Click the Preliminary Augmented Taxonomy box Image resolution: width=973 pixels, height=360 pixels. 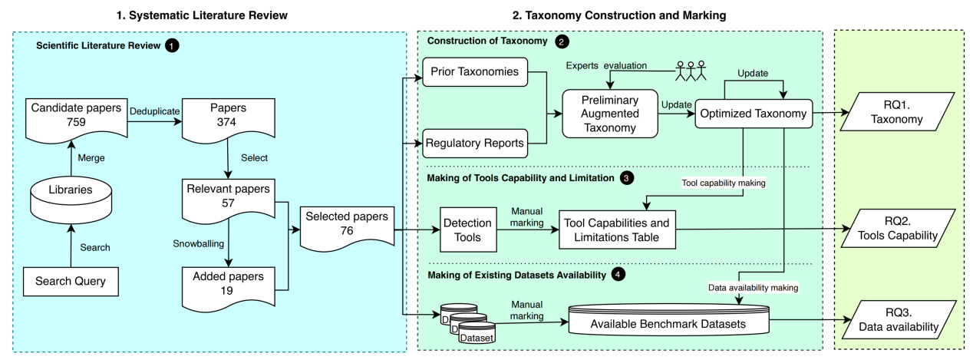610,114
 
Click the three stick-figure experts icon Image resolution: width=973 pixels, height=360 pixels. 691,71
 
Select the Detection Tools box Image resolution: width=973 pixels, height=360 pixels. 468,230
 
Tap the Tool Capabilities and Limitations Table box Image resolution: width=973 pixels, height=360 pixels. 617,230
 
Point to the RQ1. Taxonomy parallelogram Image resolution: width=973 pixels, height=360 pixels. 898,114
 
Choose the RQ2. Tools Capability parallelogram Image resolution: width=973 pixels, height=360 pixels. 898,229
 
